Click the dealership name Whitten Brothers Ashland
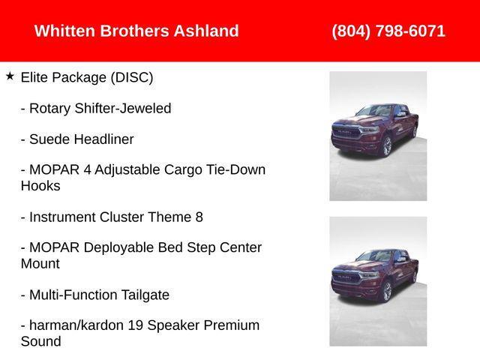(x=136, y=31)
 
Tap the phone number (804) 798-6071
(x=388, y=31)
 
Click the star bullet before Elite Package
(x=10, y=76)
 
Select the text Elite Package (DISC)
(x=87, y=77)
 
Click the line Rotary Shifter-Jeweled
(x=96, y=108)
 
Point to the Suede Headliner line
(x=77, y=139)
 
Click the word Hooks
(x=40, y=186)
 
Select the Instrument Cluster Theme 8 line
(x=112, y=217)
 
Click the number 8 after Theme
(x=199, y=217)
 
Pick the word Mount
(x=40, y=264)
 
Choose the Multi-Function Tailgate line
(x=95, y=295)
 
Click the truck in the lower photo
(x=373, y=276)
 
